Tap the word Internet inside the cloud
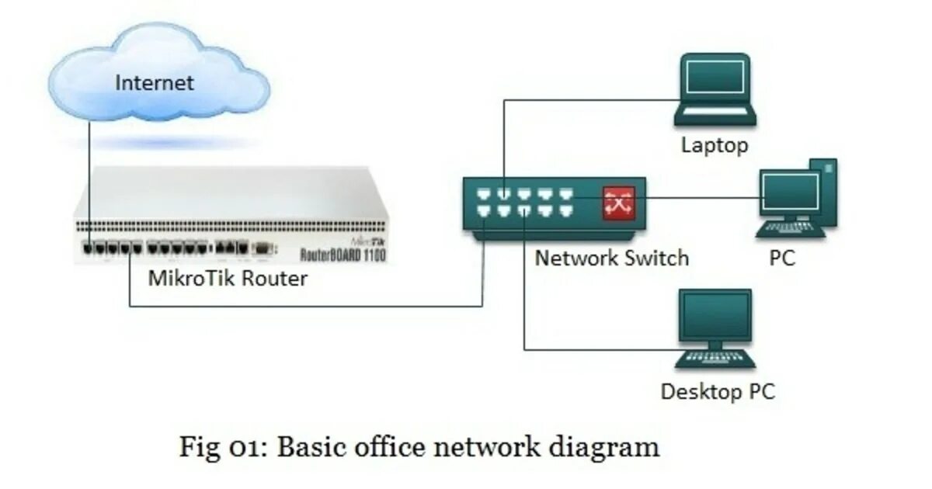(x=155, y=82)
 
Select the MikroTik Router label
(x=228, y=278)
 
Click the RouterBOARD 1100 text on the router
(x=343, y=254)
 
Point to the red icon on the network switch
(x=619, y=203)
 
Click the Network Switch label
(x=611, y=258)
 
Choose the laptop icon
(x=715, y=89)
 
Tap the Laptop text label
(x=715, y=144)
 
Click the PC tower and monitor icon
(x=796, y=198)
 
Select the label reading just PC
(x=782, y=258)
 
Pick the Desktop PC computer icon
(x=715, y=326)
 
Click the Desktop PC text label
(x=717, y=391)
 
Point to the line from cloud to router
(x=89, y=179)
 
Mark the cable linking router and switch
(x=311, y=307)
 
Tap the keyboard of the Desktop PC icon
(x=715, y=359)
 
